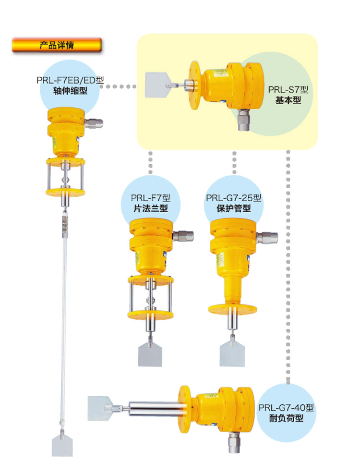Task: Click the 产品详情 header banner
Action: coord(57,45)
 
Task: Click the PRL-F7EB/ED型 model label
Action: coord(70,80)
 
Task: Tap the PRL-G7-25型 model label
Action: coord(234,198)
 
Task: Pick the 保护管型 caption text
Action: coord(234,208)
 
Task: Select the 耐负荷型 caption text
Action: coord(286,418)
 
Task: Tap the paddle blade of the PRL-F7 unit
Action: coord(150,356)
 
